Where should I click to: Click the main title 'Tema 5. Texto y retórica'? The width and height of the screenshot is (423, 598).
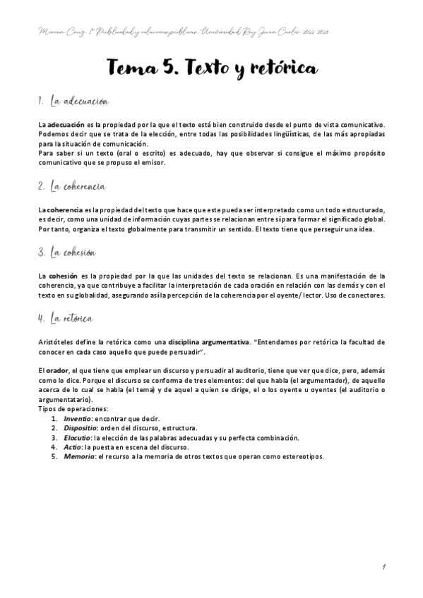click(x=212, y=66)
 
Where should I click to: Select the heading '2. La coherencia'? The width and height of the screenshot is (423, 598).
click(x=73, y=186)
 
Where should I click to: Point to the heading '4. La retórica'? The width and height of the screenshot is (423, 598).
click(x=66, y=318)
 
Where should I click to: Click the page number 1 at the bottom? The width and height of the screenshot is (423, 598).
click(x=382, y=566)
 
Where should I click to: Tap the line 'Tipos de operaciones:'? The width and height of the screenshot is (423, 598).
click(x=73, y=409)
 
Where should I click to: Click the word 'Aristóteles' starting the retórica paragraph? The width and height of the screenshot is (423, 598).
click(x=58, y=341)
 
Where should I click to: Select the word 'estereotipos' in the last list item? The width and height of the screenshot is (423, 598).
click(x=302, y=456)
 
